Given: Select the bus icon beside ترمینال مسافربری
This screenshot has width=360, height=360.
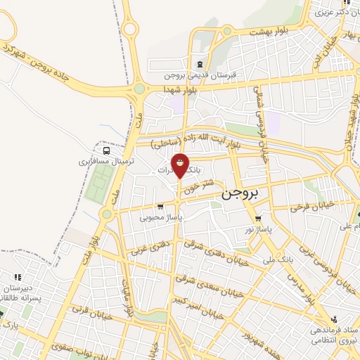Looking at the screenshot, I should point(105,150).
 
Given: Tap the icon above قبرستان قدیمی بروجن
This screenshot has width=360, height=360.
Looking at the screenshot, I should point(200,63).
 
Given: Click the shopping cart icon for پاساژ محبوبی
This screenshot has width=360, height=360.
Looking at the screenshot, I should point(161,207).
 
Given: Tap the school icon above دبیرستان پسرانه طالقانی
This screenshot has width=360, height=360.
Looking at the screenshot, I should point(18,276).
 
